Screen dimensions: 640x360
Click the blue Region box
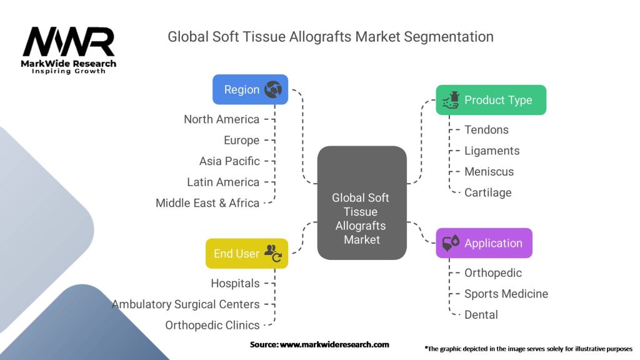pos(250,89)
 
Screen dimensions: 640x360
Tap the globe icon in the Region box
pos(272,89)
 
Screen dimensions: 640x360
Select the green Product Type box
pos(491,100)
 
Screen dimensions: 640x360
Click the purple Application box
pos(484,243)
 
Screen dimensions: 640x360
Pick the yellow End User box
pos(247,254)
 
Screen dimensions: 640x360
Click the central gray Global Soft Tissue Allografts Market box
pos(362,203)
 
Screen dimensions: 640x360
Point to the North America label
pos(222,119)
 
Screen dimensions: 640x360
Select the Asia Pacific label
pos(229,161)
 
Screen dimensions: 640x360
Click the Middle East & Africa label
pos(207,203)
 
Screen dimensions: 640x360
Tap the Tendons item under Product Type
pos(486,130)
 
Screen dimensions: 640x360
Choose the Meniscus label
pos(489,172)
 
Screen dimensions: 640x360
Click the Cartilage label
pos(487,192)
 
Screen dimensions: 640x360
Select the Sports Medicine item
pos(506,294)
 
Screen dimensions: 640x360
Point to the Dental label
pos(481,315)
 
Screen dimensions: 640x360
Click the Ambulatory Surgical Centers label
pos(186,304)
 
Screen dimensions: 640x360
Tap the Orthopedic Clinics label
pos(212,325)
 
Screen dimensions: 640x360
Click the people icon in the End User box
pos(273,253)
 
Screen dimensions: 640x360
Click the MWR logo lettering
pos(69,42)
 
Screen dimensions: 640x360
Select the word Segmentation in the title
pos(449,37)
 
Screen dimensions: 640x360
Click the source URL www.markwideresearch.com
pos(334,344)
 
